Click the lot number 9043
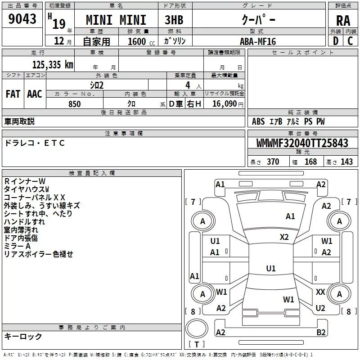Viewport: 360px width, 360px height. [x=22, y=19]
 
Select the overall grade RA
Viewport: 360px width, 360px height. [x=343, y=21]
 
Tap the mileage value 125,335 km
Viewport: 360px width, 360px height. [x=53, y=65]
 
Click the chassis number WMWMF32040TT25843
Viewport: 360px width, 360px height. [x=302, y=143]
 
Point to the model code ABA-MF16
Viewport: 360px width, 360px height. [x=258, y=41]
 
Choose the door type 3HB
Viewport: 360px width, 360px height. [x=174, y=20]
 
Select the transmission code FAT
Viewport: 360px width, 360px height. [x=13, y=94]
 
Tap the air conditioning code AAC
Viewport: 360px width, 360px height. [x=35, y=94]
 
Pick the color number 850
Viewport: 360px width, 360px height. [x=75, y=104]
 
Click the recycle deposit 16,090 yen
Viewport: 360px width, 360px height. [x=228, y=104]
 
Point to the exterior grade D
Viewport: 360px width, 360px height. [x=336, y=41]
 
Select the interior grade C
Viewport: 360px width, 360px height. [x=350, y=41]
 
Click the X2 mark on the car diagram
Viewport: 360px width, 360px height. [x=284, y=237]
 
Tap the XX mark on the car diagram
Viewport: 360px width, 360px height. [x=320, y=292]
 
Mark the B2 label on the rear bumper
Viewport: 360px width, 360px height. [x=321, y=333]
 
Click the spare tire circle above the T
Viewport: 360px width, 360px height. [x=197, y=328]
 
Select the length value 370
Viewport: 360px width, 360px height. [x=273, y=162]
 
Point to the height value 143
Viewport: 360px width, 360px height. [x=346, y=162]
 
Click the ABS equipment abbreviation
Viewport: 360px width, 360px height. [x=258, y=121]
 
